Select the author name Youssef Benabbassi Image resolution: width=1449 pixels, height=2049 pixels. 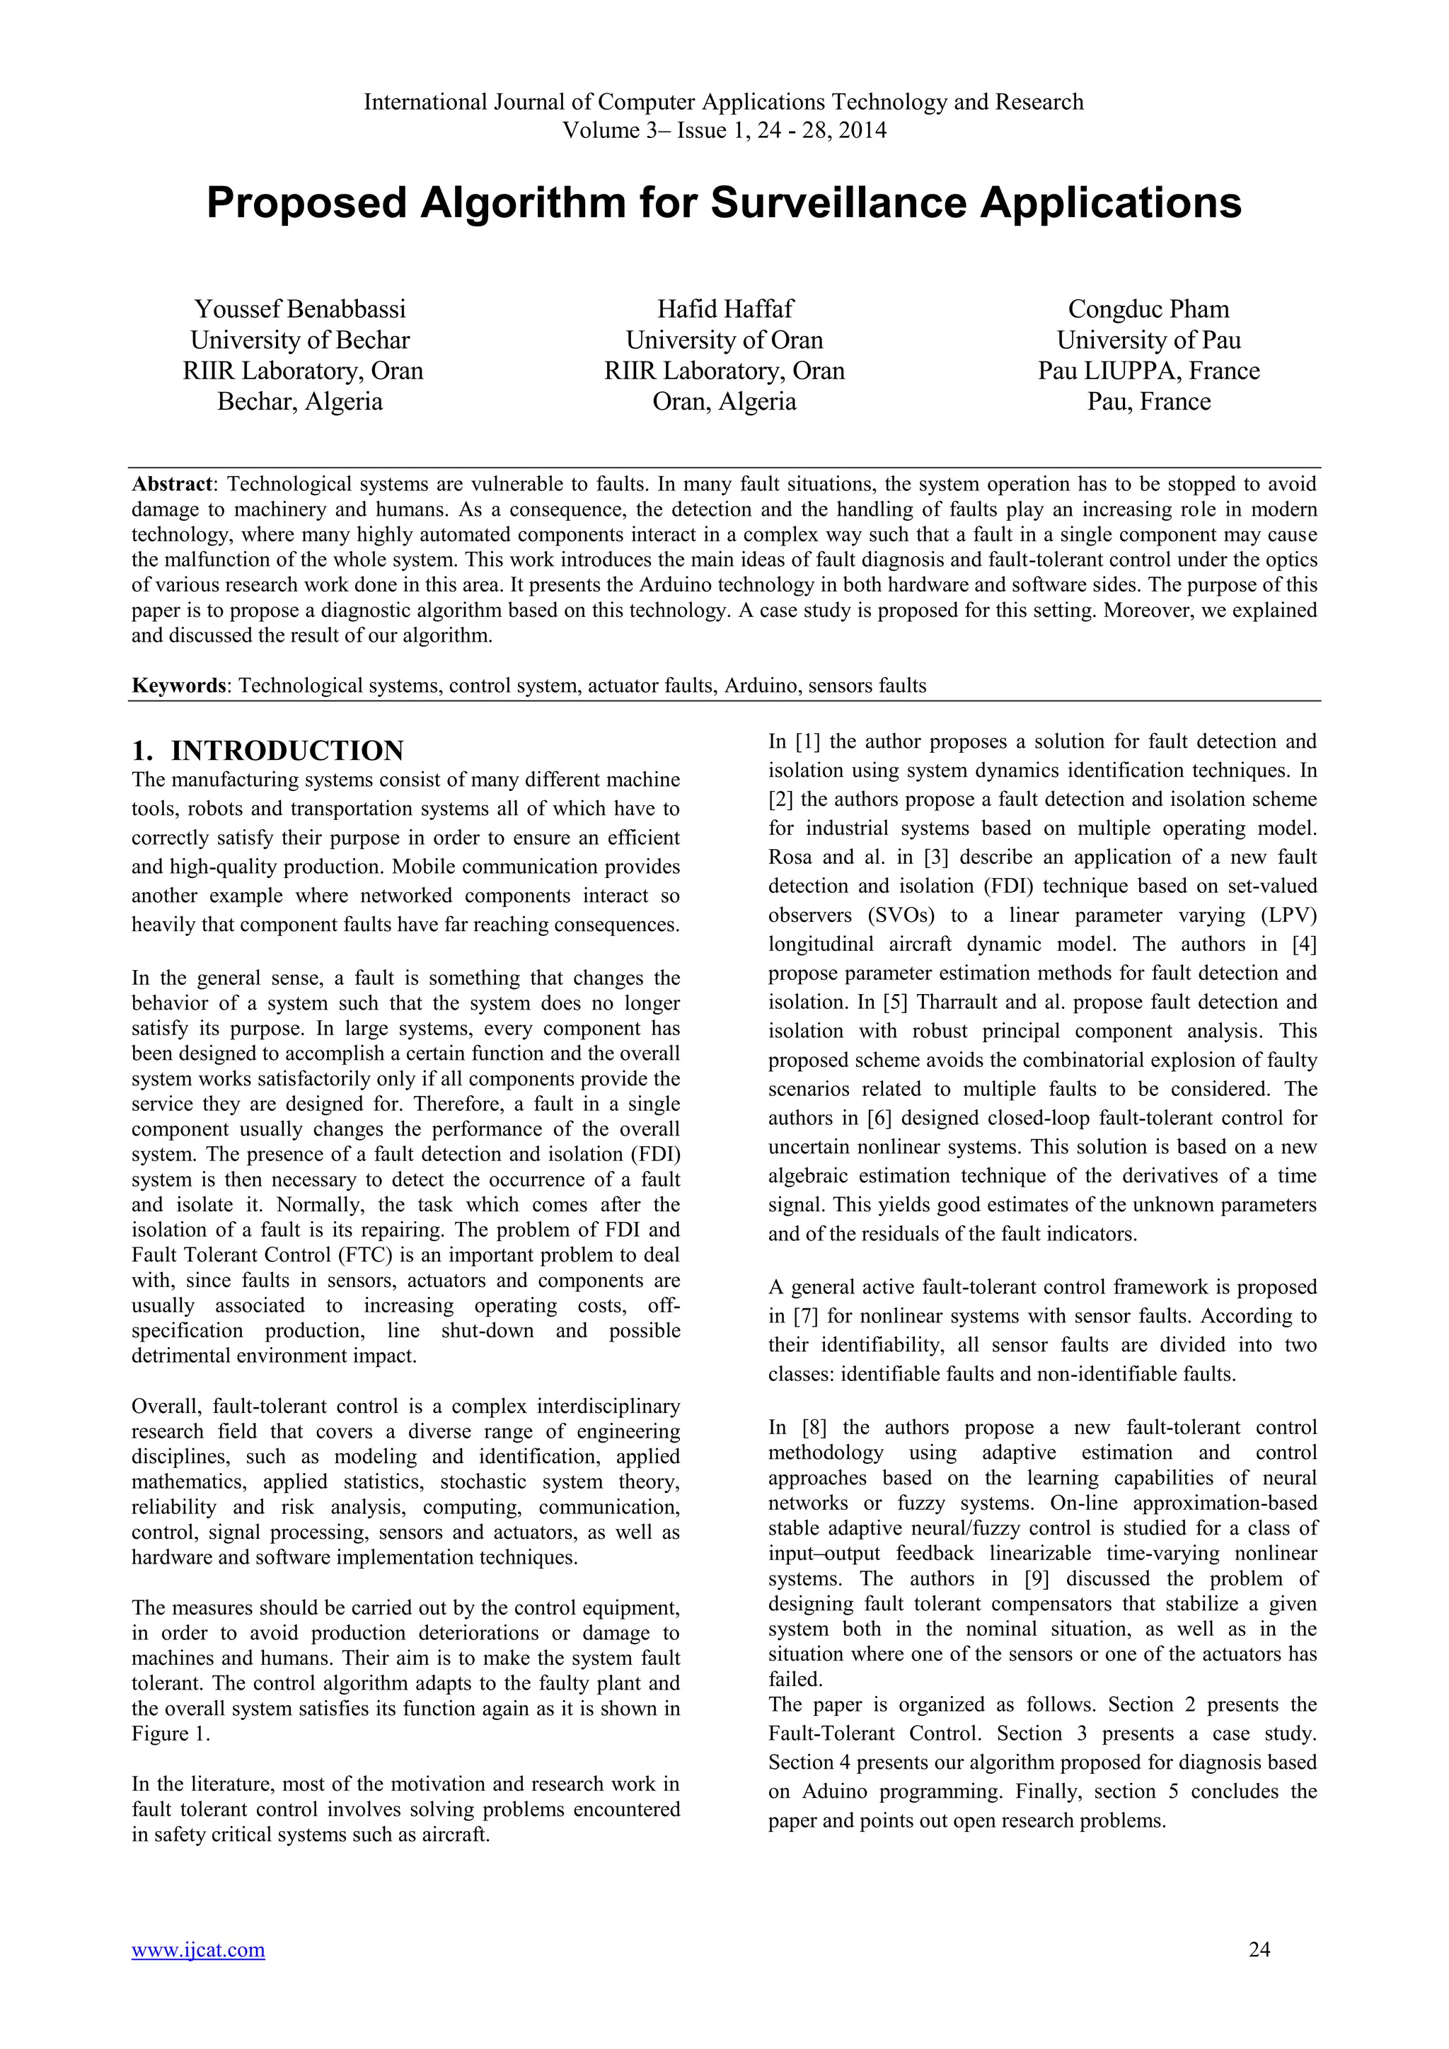(300, 310)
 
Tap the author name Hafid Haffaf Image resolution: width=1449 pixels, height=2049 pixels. (724, 310)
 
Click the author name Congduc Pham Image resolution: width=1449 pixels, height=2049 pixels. (1148, 310)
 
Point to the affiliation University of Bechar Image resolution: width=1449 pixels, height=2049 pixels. (300, 341)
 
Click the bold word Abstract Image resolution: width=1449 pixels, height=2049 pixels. (172, 485)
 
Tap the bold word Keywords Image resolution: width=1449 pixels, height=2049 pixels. (178, 686)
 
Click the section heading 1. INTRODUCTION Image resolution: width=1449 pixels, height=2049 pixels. (267, 751)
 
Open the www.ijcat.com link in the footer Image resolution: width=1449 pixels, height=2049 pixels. (198, 1975)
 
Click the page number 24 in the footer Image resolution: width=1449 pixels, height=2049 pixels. (1259, 1975)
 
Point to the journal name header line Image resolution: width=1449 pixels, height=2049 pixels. (724, 103)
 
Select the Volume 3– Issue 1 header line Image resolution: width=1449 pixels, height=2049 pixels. (724, 131)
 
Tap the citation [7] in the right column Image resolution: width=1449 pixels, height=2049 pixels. (802, 1316)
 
